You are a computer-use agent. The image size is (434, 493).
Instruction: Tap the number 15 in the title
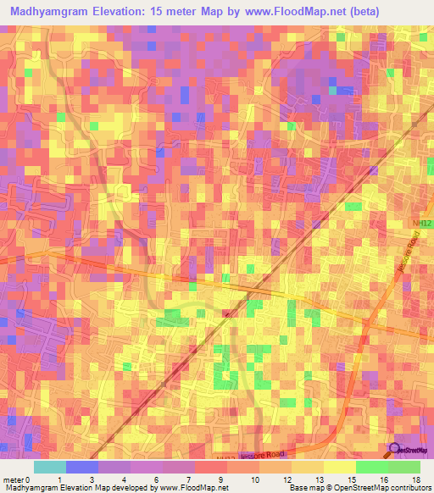(169, 12)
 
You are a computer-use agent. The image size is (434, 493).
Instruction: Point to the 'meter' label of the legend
(14, 479)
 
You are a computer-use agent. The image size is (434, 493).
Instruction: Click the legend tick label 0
(31, 479)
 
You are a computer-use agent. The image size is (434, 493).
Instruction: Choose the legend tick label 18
(416, 479)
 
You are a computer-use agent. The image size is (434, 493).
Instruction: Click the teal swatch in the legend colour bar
(50, 467)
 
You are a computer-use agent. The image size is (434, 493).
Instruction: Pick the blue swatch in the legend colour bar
(82, 467)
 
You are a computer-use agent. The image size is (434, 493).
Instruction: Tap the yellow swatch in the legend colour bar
(339, 467)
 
